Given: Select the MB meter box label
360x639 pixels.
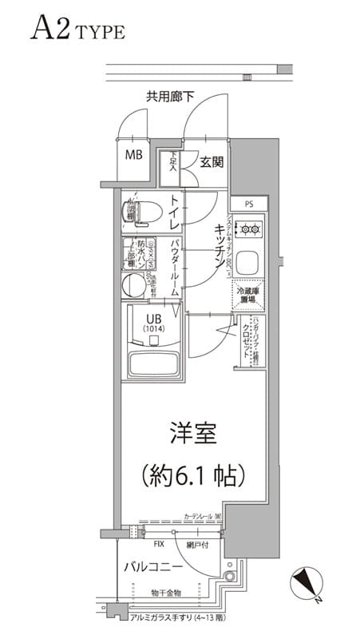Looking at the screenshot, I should tap(133, 154).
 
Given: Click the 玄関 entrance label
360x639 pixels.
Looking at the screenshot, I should tap(211, 162).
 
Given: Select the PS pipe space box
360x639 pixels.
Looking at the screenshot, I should tap(249, 204).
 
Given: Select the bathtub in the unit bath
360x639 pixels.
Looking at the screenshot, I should tap(152, 363).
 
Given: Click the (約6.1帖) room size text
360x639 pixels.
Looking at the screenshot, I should tap(192, 477).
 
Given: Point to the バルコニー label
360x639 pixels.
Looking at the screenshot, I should tap(153, 568).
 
